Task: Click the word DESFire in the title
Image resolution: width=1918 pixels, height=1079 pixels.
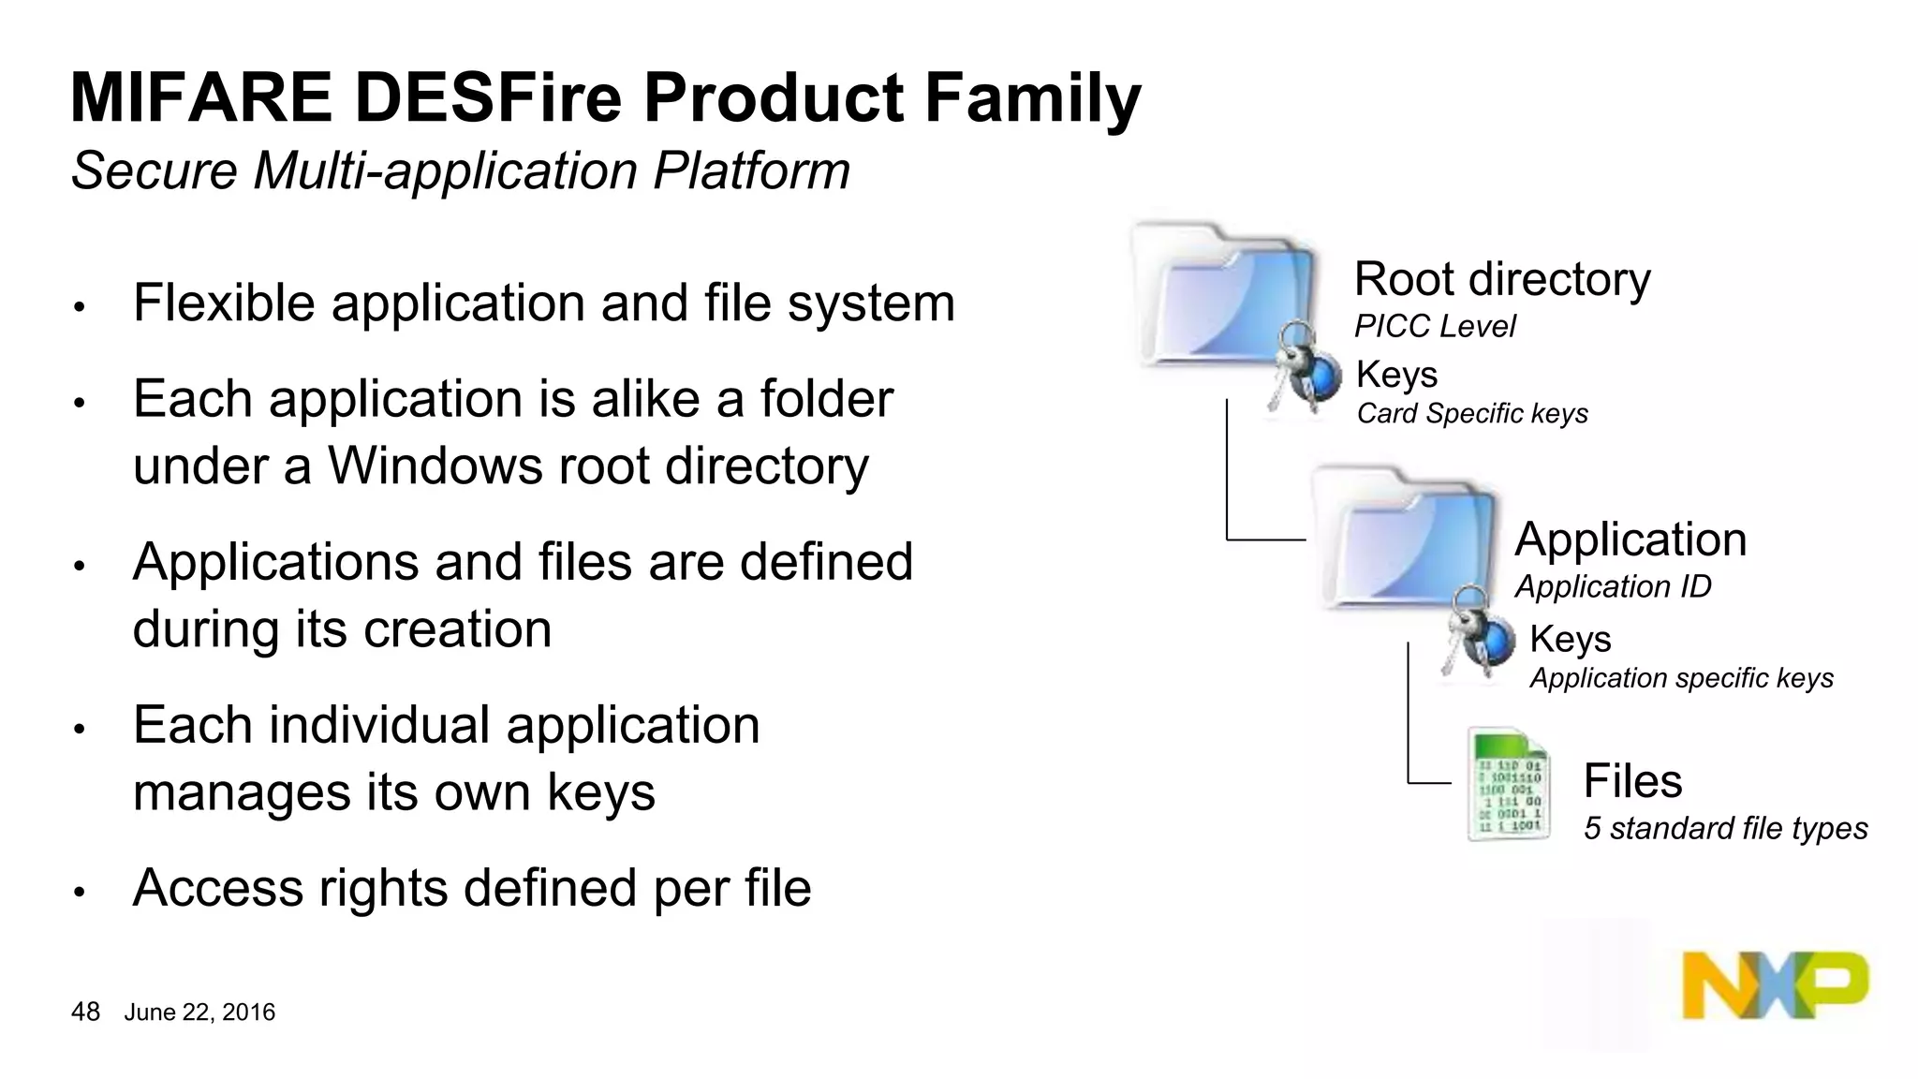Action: [487, 98]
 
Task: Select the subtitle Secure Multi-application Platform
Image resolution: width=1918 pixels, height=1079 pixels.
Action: [460, 171]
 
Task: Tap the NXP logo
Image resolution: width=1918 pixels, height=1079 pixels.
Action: [1774, 985]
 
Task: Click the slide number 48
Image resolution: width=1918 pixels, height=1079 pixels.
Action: [85, 1012]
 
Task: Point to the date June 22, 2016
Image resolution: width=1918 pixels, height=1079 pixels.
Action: [199, 1012]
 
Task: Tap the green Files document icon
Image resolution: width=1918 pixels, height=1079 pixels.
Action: [1508, 785]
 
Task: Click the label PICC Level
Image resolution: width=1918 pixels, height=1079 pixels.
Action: [1434, 326]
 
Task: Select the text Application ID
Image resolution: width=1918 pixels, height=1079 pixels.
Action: [1612, 586]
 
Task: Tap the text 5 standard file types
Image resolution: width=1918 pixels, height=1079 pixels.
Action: [1724, 828]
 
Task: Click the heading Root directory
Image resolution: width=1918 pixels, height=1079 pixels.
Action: [1501, 279]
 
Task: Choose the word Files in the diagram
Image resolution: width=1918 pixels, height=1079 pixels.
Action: [1631, 780]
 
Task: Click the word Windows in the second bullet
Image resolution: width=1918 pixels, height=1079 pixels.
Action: [434, 466]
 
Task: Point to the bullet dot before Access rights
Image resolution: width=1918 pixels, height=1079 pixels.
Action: [80, 892]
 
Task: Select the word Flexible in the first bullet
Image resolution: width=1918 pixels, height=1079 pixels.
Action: [224, 303]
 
